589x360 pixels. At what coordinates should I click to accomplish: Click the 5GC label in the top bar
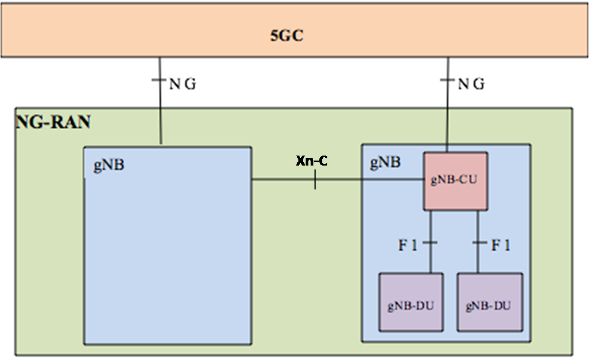point(287,36)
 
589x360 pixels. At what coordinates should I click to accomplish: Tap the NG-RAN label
point(53,122)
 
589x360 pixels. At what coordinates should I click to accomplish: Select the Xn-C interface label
point(312,161)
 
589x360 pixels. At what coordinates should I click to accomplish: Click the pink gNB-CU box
point(456,181)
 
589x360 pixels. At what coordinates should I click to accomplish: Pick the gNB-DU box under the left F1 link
point(411,302)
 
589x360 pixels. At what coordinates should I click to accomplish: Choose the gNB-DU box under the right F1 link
point(490,302)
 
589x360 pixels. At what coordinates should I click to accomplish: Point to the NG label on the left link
point(183,84)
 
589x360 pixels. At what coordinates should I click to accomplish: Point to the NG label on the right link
point(471,84)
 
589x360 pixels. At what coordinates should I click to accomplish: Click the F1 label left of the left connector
point(407,246)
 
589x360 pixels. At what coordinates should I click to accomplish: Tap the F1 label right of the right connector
point(501,246)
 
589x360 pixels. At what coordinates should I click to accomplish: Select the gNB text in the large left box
point(109,165)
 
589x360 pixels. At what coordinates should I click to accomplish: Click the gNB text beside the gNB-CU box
point(386,162)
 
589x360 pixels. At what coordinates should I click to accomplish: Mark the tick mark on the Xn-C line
point(315,179)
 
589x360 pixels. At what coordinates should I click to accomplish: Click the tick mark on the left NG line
point(159,80)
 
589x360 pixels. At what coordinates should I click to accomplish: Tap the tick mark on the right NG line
point(447,80)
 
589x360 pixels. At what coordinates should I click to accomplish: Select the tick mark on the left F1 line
point(430,243)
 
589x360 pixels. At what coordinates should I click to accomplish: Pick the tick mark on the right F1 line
point(478,243)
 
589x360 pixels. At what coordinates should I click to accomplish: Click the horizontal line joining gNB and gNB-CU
point(338,179)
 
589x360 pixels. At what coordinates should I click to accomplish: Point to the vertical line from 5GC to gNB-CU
point(448,105)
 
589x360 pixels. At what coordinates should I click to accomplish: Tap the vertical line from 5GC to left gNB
point(160,101)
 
